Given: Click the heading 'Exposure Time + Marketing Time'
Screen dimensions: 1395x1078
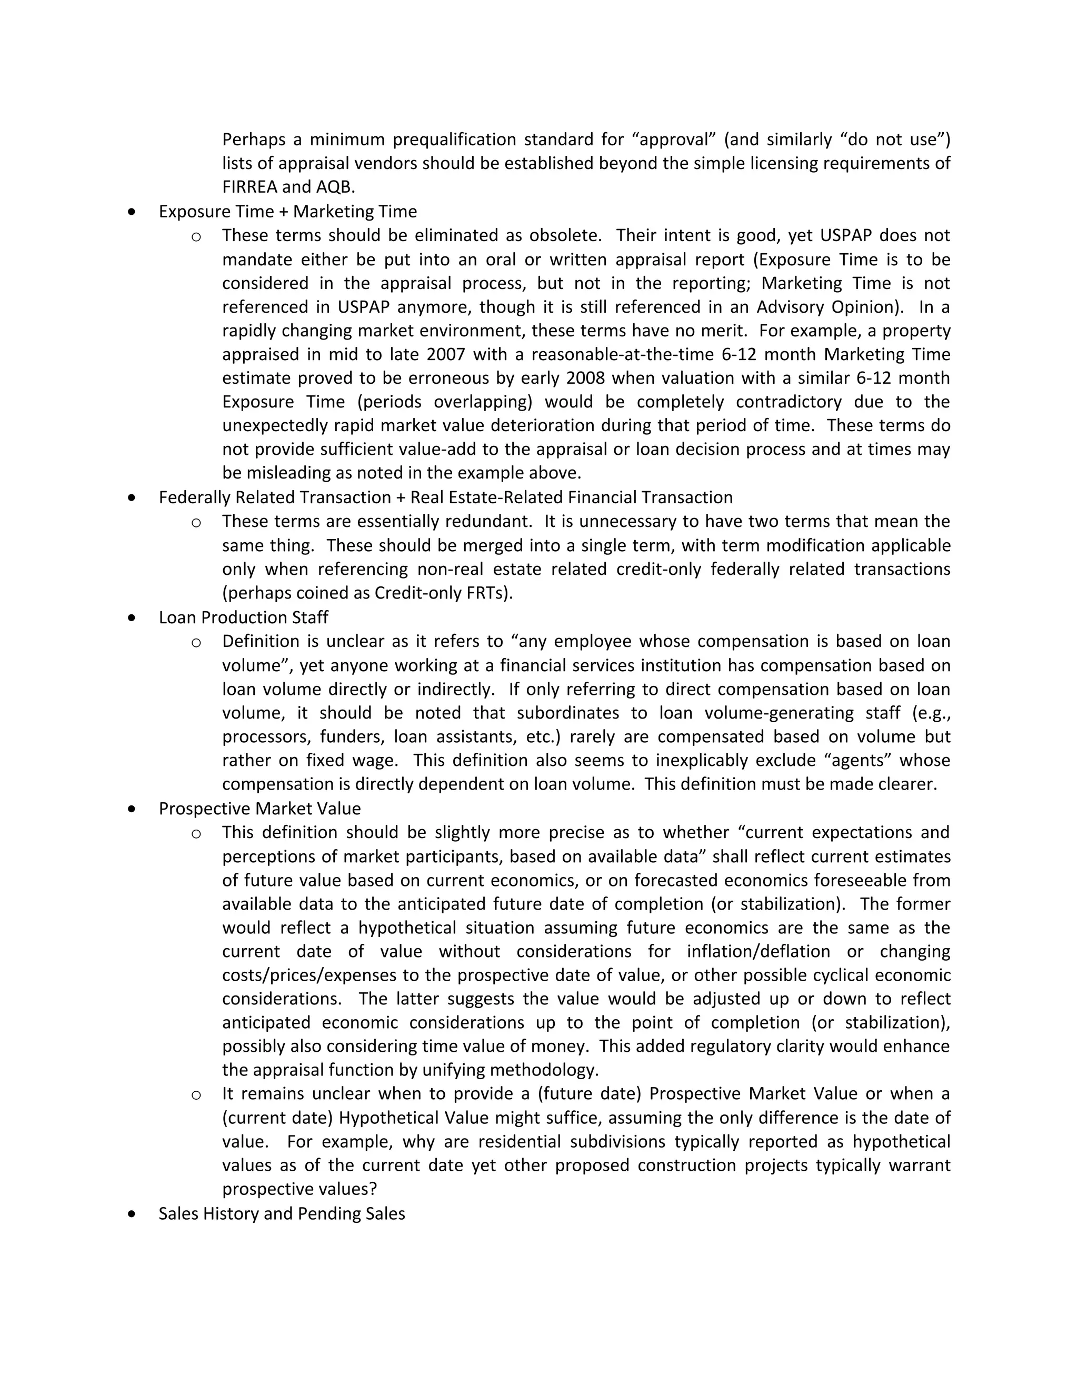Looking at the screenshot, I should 287,212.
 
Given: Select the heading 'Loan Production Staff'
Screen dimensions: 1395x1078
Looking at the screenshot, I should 243,617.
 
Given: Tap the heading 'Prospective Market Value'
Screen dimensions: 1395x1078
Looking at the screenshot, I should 259,809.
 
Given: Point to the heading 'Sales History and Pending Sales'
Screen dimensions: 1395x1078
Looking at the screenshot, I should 282,1213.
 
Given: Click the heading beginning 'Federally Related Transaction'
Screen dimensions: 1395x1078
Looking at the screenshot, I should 445,497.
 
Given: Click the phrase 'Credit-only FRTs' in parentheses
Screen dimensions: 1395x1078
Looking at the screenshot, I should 441,593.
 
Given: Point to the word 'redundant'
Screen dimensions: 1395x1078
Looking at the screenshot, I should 488,521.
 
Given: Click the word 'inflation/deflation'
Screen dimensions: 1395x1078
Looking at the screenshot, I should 758,952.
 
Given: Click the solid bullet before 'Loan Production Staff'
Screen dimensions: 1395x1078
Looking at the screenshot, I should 132,617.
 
